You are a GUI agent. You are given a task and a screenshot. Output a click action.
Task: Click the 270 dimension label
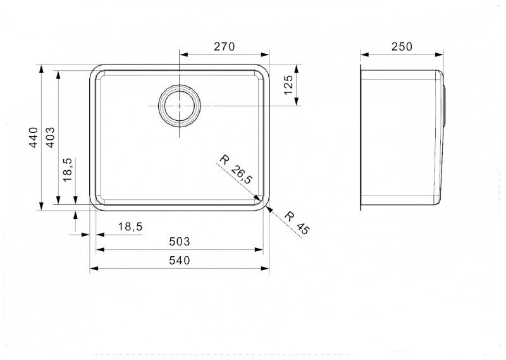tap(225, 47)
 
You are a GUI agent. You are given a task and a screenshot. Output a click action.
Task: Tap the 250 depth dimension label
tap(402, 47)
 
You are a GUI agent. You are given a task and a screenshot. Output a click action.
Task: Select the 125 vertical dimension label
tap(288, 85)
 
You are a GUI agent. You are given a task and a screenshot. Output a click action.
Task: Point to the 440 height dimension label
tap(34, 137)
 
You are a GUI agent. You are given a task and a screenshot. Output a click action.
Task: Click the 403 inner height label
tap(51, 137)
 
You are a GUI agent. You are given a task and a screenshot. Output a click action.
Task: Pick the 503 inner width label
tap(180, 242)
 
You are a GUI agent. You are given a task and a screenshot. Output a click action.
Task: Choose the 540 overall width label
tap(180, 260)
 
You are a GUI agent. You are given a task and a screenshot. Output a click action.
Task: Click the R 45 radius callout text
tap(297, 223)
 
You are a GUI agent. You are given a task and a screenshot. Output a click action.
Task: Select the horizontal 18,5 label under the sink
tap(130, 227)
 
